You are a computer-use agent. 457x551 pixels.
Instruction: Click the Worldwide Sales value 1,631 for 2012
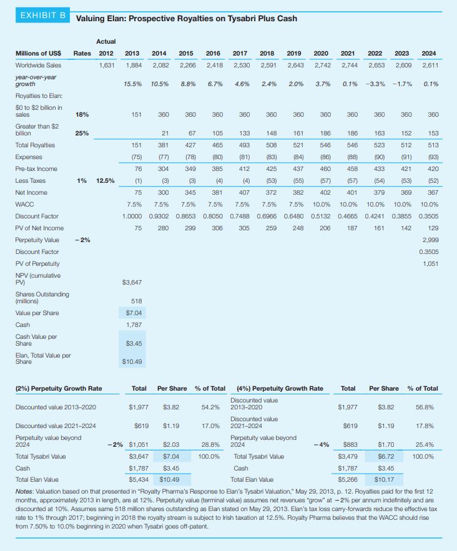106,65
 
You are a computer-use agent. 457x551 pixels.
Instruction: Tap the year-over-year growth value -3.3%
374,84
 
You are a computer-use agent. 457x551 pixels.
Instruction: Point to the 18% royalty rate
81,114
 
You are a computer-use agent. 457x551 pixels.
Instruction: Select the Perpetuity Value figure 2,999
429,240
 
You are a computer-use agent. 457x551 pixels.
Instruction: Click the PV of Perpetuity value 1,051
429,263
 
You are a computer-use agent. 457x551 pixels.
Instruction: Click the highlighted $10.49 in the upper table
132,361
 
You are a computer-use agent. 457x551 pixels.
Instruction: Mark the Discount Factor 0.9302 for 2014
160,216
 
